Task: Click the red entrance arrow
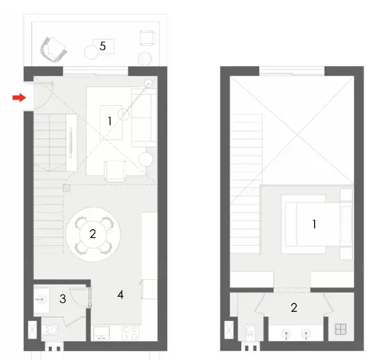click(19, 98)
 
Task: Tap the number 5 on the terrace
click(102, 46)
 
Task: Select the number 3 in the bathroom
click(63, 299)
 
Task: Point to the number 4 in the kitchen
click(120, 295)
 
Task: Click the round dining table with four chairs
click(92, 234)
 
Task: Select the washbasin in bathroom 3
click(44, 300)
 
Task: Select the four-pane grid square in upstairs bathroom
click(341, 330)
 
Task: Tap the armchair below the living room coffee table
click(115, 170)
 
